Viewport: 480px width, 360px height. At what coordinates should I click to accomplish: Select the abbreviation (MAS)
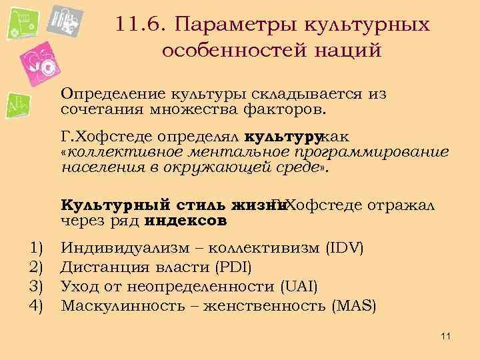coord(354,306)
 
